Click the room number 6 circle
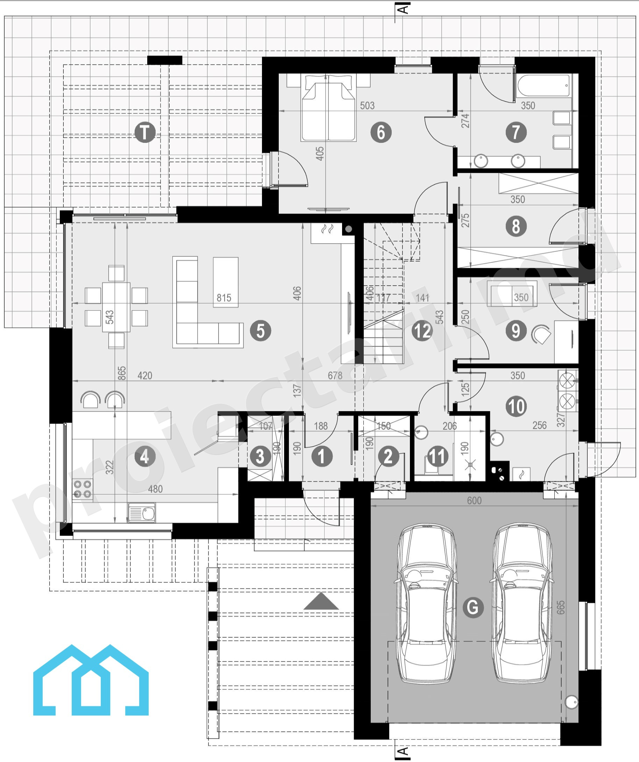tap(381, 132)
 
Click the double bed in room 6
tap(328, 108)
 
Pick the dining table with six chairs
tap(116, 307)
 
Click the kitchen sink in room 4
tap(142, 513)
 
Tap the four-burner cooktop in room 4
tap(83, 490)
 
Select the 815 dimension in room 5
tap(224, 298)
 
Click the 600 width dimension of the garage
tap(474, 501)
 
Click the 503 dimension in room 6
tap(367, 106)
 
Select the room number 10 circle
tap(517, 407)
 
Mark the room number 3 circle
tap(260, 457)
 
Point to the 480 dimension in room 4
tap(155, 489)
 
